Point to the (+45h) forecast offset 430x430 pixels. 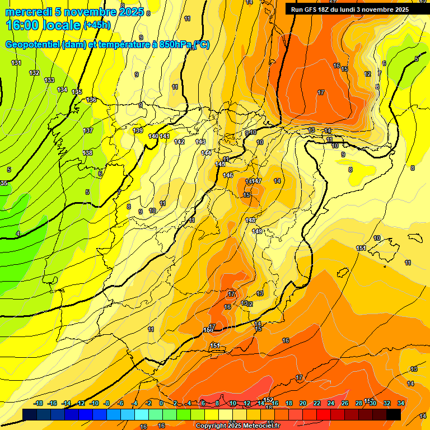[x=97, y=25]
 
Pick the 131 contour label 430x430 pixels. [x=16, y=63]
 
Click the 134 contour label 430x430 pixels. [x=62, y=90]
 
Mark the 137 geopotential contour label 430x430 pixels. [x=88, y=130]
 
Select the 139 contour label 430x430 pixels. [x=138, y=130]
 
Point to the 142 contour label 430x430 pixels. [x=179, y=142]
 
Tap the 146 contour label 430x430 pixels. [x=228, y=175]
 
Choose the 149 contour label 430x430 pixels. [x=257, y=231]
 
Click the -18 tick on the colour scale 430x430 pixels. [x=39, y=403]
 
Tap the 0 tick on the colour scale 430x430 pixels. [x=161, y=403]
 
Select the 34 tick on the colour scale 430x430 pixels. [x=401, y=403]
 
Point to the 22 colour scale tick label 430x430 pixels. [x=317, y=403]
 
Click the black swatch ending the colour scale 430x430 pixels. [x=394, y=414]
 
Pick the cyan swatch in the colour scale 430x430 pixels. [x=142, y=414]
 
